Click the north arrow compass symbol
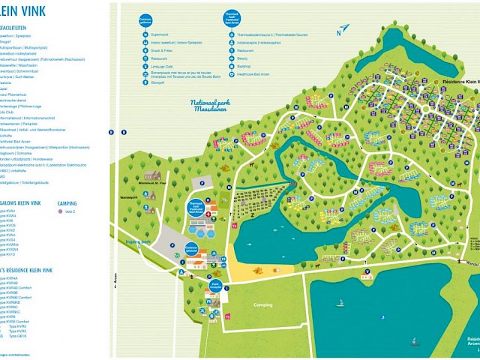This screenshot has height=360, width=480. pyautogui.click(x=343, y=30)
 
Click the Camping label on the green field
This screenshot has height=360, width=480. pyautogui.click(x=262, y=305)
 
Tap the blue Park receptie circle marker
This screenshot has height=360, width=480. pyautogui.click(x=214, y=285)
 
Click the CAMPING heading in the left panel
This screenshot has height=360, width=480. pyautogui.click(x=67, y=203)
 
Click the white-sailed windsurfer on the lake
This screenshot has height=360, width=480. pyautogui.click(x=340, y=303)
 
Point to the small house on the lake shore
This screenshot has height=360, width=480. pyautogui.click(x=367, y=275)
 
